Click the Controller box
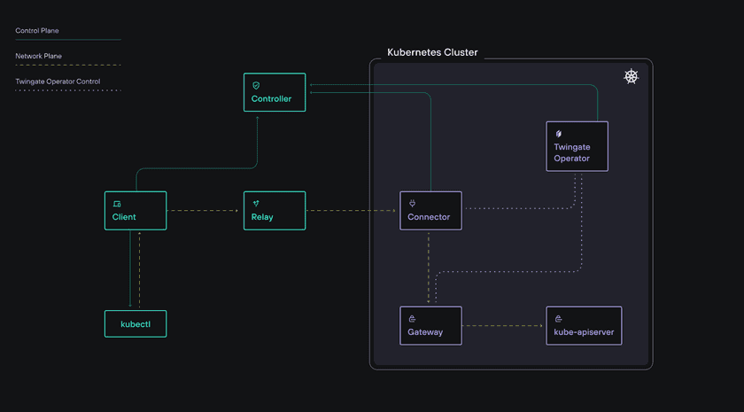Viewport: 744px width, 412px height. (x=275, y=92)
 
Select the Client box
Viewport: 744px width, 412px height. (x=136, y=211)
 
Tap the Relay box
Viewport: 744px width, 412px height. (x=275, y=211)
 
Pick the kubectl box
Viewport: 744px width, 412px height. (x=136, y=323)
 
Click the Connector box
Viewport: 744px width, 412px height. (x=430, y=211)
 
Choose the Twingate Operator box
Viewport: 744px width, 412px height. (x=577, y=146)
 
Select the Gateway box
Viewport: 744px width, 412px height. (x=430, y=326)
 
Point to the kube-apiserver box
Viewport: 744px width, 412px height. (x=584, y=326)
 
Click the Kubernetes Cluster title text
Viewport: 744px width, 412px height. (x=432, y=52)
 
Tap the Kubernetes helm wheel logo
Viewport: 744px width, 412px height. (x=631, y=77)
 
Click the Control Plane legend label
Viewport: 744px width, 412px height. (x=37, y=31)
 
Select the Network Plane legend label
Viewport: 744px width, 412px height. (x=38, y=56)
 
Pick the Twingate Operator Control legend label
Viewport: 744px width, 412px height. (x=58, y=82)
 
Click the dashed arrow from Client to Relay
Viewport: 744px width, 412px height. (x=205, y=211)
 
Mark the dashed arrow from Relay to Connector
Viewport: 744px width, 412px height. (x=352, y=211)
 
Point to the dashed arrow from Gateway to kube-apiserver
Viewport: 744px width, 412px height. (x=503, y=326)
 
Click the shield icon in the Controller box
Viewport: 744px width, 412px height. (x=256, y=86)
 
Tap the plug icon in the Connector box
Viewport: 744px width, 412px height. (x=412, y=204)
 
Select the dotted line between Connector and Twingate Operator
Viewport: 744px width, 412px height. (x=518, y=209)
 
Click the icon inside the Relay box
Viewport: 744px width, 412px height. (x=256, y=204)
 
